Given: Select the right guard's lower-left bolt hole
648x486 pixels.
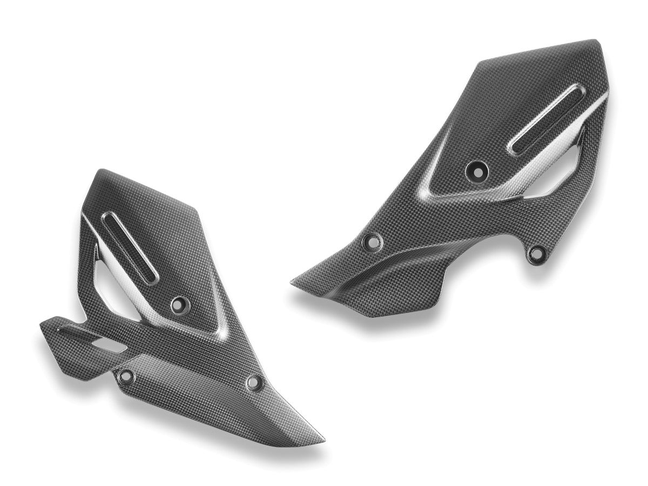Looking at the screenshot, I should point(373,241).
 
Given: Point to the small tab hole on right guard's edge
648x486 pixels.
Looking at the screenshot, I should point(537,252).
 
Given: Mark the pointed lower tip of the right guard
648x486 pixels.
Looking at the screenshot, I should point(293,282).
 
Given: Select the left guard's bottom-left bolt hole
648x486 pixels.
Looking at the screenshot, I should point(126,376).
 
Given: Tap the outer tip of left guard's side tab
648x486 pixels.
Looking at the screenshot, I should point(42,326).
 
